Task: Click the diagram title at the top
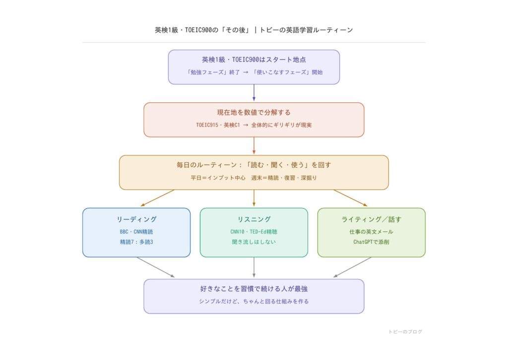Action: pos(254,30)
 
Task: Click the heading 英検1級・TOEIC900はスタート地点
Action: pos(254,60)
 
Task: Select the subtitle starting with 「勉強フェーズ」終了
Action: pos(254,72)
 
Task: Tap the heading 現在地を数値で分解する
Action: pos(254,113)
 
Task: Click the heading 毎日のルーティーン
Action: pos(254,165)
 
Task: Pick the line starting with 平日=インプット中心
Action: pos(254,178)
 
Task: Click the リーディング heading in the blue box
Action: pos(136,219)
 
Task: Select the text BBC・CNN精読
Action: pos(136,232)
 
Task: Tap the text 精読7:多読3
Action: pos(136,242)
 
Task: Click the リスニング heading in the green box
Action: pos(254,219)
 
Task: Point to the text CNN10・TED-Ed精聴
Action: pos(254,232)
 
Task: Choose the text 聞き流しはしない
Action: pos(254,242)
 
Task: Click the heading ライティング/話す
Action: pos(371,219)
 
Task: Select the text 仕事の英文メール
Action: pos(371,232)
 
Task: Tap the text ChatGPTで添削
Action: pos(371,242)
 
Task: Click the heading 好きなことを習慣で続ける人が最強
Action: pos(254,288)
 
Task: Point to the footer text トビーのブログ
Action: pos(405,332)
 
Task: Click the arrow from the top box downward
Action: pos(254,93)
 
